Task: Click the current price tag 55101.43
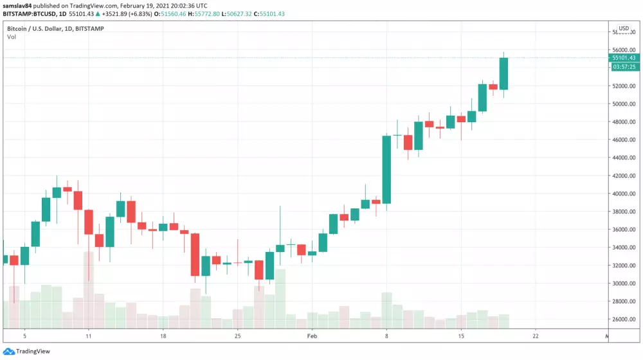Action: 624,58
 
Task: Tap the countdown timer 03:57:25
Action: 624,67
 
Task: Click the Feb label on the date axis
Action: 312,336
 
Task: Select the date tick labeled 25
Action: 238,336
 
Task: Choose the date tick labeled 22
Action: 536,336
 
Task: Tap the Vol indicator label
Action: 12,37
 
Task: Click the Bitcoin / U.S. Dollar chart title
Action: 39,28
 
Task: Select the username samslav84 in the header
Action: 18,5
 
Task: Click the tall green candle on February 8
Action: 386,170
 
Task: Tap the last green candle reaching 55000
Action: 503,73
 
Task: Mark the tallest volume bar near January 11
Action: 88,289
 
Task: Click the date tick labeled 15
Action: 461,336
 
